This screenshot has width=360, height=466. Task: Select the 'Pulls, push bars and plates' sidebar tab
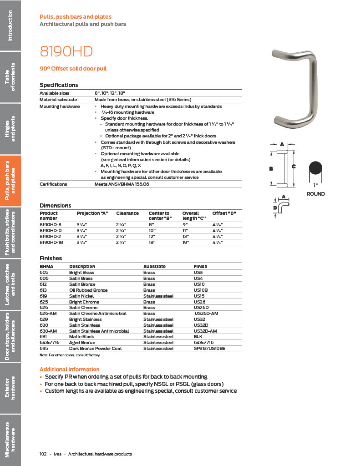pos(10,181)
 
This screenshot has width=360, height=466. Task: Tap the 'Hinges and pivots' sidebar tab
pos(10,129)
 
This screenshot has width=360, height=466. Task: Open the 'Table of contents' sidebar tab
pos(10,76)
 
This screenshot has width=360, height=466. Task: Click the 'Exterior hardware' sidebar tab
pos(10,388)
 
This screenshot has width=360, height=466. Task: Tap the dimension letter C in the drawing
pos(294,167)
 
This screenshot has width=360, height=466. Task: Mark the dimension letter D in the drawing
pos(275,208)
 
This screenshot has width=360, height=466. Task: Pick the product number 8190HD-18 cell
pos(50,243)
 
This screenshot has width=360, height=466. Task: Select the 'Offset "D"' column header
pos(224,213)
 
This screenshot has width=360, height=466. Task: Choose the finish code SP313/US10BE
pos(209,348)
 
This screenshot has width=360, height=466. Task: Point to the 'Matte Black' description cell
pos(81,337)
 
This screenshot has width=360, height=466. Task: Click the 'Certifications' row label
pos(53,184)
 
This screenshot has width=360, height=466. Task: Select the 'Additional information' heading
pos(69,370)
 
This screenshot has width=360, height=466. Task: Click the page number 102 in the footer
pos(43,454)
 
